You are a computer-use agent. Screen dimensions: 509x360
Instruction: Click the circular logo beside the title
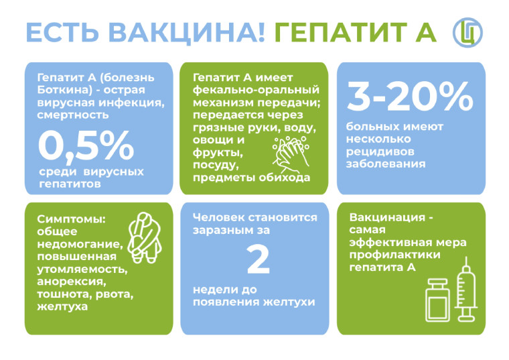click(467, 32)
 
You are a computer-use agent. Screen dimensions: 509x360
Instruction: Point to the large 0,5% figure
click(86, 146)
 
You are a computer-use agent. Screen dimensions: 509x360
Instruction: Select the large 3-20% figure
click(410, 96)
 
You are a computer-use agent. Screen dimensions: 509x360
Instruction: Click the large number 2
click(259, 259)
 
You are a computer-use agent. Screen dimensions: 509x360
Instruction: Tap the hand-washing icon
click(291, 154)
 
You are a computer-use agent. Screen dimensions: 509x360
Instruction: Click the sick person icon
click(145, 237)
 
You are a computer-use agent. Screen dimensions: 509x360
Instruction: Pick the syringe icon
click(467, 289)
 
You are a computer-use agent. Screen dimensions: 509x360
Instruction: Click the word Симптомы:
click(72, 219)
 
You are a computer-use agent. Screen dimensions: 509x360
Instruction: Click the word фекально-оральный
click(256, 90)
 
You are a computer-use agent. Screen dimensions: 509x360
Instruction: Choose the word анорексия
click(72, 282)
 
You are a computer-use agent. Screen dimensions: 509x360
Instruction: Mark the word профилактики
click(394, 255)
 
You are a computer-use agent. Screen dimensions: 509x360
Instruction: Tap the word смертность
click(73, 115)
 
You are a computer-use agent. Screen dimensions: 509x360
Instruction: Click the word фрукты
click(218, 153)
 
